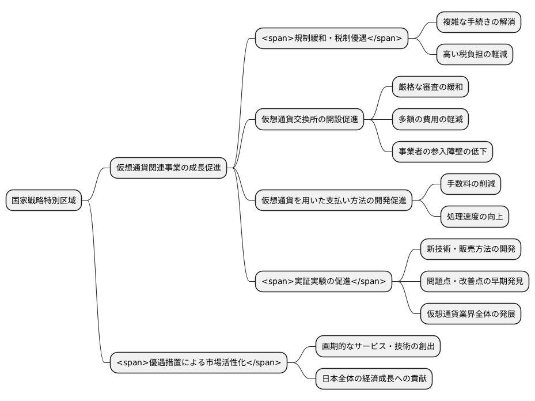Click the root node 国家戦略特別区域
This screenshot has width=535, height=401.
(43, 200)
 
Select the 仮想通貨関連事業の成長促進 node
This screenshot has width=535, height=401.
(168, 168)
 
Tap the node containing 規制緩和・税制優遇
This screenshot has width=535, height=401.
(331, 39)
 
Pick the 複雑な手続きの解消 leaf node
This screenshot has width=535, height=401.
(479, 22)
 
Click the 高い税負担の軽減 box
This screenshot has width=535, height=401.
(475, 55)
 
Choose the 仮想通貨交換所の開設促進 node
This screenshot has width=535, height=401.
(309, 120)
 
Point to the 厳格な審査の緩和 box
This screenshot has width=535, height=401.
(430, 87)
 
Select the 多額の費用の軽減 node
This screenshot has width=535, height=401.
(430, 119)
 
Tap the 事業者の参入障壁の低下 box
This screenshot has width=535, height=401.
(442, 152)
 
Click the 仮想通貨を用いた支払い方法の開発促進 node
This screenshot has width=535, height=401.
(333, 200)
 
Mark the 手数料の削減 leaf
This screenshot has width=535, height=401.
(471, 184)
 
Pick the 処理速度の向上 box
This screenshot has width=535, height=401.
(475, 217)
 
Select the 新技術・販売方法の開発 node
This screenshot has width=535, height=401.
(471, 249)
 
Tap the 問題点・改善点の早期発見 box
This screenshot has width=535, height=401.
(475, 281)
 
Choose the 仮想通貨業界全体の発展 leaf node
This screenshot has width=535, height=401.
(471, 314)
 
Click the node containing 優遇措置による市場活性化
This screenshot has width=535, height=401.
(198, 362)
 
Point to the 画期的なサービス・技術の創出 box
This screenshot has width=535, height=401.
(378, 346)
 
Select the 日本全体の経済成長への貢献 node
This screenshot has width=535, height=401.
(374, 379)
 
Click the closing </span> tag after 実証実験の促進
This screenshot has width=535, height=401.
(368, 281)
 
